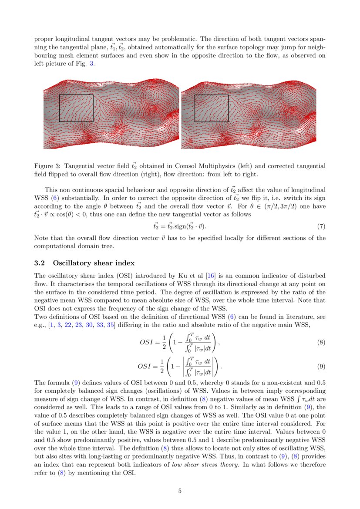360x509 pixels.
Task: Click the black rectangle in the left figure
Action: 76,108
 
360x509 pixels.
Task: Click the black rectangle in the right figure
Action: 212,108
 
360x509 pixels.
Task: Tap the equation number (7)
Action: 321,226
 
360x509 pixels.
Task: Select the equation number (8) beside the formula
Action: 321,342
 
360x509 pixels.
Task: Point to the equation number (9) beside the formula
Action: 321,367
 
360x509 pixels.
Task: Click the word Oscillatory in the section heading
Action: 72,263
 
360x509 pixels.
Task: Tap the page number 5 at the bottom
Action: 180,491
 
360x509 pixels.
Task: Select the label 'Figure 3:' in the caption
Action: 47,166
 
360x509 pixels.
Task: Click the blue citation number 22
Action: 68,326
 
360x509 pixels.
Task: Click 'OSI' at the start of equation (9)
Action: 146,367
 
